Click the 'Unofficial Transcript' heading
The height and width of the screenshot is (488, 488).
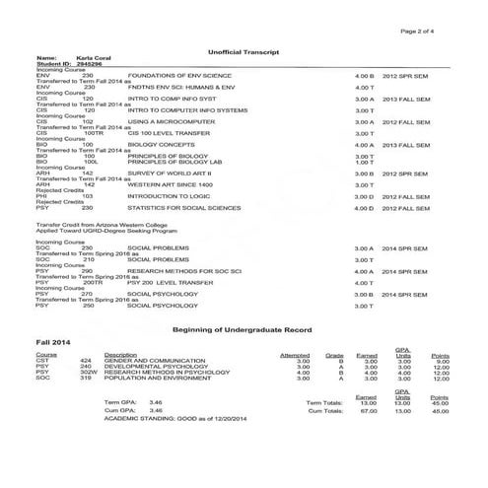coord(244,50)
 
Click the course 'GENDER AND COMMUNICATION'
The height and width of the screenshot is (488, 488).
coord(147,361)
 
